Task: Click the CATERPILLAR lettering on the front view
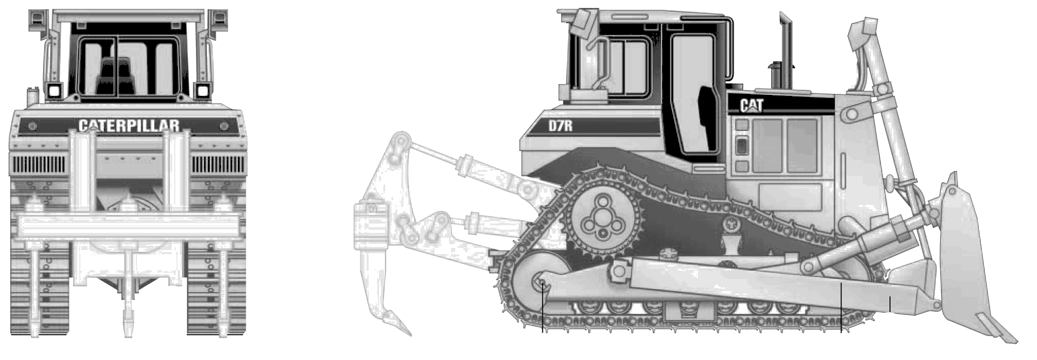[129, 125]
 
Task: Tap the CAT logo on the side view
[751, 106]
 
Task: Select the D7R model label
[560, 126]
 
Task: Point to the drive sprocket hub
[601, 218]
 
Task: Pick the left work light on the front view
[53, 91]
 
